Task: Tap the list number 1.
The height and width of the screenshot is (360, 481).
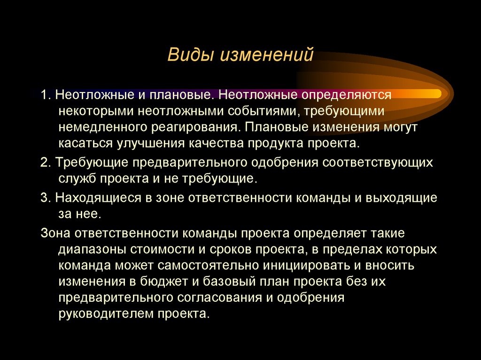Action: tap(44, 94)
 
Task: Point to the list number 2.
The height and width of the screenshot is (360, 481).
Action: tap(44, 162)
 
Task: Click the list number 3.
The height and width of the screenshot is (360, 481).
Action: tap(44, 197)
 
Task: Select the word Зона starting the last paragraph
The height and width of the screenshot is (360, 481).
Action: tap(57, 232)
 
